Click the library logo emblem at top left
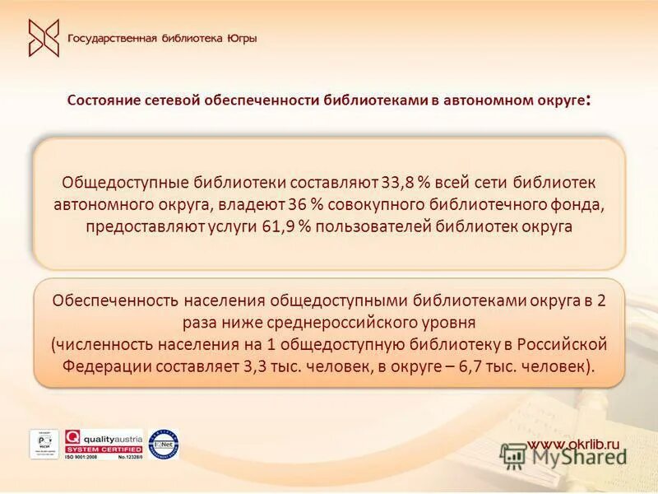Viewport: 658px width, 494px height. [x=44, y=38]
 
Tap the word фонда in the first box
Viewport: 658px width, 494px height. [x=583, y=203]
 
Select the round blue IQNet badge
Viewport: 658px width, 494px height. [x=164, y=444]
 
